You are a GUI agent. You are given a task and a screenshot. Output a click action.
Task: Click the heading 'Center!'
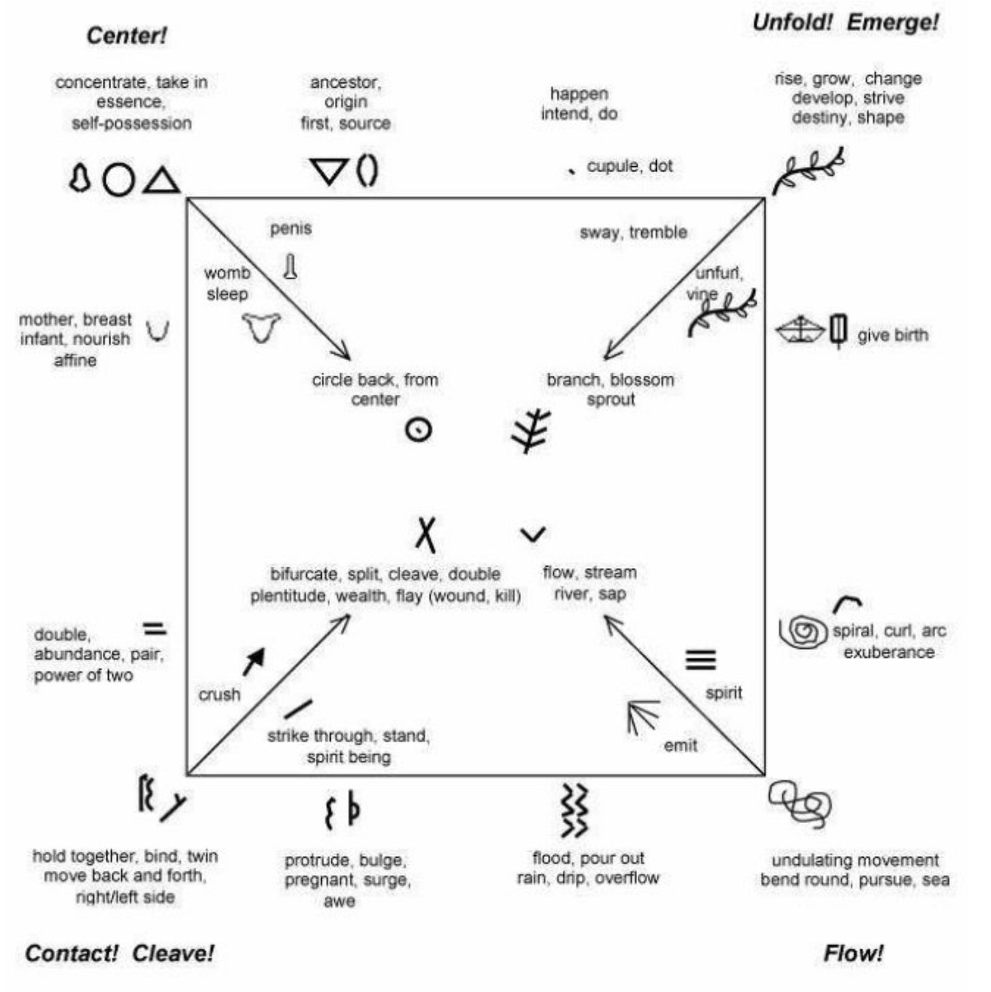(127, 35)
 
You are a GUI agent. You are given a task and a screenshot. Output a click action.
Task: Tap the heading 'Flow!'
(853, 953)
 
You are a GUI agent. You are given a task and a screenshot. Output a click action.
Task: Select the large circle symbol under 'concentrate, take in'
(118, 180)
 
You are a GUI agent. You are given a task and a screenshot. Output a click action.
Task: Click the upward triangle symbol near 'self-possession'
(162, 181)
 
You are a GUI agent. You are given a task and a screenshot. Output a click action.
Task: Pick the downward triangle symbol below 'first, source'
(329, 170)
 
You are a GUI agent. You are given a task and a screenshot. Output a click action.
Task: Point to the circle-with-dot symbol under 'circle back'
(418, 430)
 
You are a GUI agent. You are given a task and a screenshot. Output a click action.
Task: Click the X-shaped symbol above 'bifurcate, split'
(426, 534)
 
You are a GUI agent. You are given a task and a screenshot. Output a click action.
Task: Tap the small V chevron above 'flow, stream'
(533, 534)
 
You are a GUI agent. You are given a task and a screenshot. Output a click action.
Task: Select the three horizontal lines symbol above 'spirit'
(700, 659)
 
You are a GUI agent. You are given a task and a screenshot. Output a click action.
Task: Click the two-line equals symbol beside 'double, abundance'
(155, 628)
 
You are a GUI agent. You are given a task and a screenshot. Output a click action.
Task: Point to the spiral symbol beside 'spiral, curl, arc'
(803, 631)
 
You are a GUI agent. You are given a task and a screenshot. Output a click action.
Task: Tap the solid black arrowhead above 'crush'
(255, 660)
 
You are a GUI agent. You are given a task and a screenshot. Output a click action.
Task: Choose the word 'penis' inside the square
(291, 228)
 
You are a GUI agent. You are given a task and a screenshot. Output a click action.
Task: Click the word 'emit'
(680, 746)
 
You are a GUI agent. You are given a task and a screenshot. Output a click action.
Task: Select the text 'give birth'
(892, 335)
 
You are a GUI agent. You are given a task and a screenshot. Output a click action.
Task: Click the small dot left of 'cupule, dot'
(572, 170)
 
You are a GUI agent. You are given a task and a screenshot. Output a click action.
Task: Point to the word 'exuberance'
(888, 652)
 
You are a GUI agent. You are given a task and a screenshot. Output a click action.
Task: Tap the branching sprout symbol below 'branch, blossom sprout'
(531, 430)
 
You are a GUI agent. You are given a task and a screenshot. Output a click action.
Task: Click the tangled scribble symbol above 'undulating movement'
(801, 803)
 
